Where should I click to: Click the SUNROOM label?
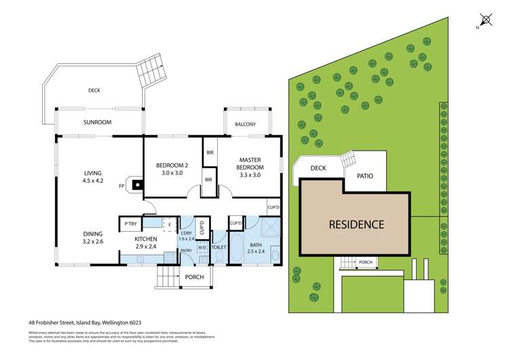click(98, 122)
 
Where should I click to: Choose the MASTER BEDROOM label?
click(250, 166)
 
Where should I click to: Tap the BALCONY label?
click(245, 124)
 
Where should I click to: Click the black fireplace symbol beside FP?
click(137, 184)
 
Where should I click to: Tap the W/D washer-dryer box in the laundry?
click(202, 248)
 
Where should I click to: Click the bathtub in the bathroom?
click(238, 249)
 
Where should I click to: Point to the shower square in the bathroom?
click(269, 227)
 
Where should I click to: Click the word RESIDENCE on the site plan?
click(357, 223)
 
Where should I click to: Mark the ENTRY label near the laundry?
click(186, 251)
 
